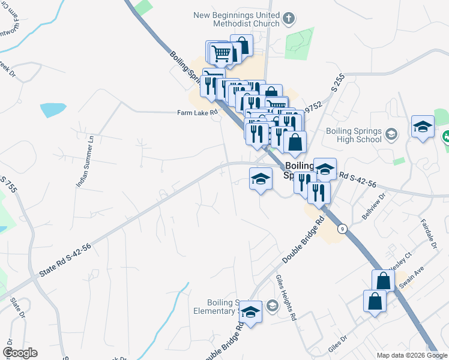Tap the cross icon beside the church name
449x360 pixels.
(289, 18)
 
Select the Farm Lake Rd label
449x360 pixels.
(196, 112)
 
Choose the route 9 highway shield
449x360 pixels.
(342, 228)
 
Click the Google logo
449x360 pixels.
(20, 353)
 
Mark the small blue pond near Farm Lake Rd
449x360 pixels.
(53, 110)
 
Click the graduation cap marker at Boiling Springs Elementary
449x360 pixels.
(251, 312)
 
